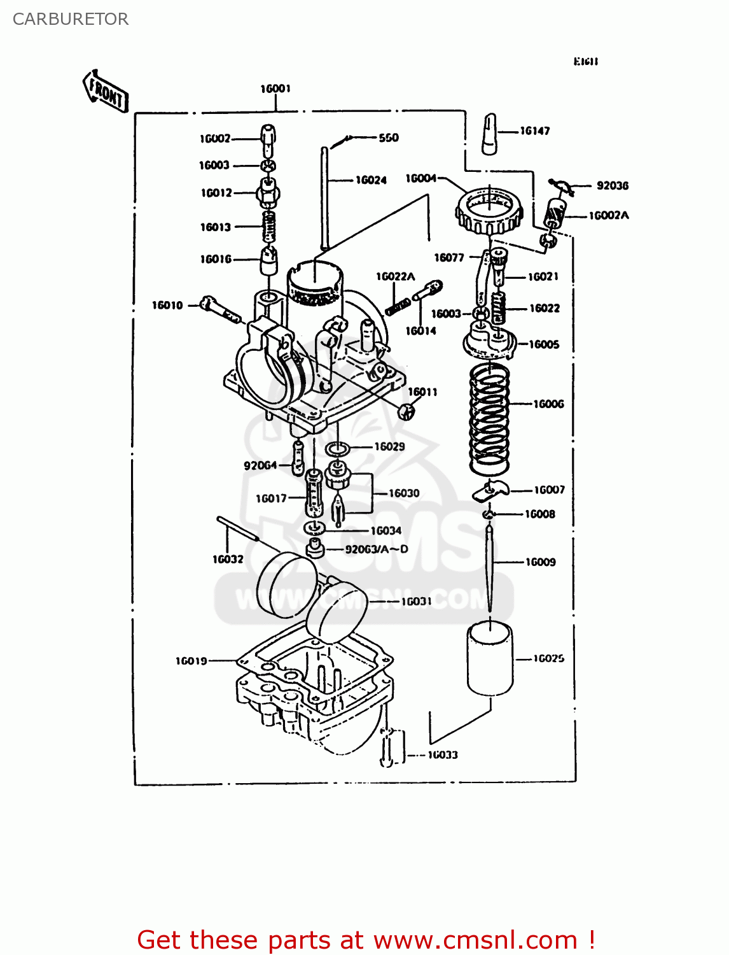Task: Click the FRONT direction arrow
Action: point(106,93)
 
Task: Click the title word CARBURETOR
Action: point(71,19)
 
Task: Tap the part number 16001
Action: point(275,88)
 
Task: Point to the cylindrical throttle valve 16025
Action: point(490,659)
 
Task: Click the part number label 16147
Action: point(535,131)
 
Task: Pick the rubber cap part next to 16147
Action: point(489,134)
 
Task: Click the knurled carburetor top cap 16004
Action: point(489,210)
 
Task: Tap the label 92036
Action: point(612,185)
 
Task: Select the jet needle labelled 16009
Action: point(489,567)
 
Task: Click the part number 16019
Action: point(191,661)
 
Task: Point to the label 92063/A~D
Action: point(377,549)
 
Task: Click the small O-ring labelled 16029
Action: point(337,449)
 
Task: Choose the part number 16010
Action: point(167,306)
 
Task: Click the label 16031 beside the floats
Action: point(416,601)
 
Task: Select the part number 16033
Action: point(443,754)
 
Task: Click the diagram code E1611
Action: point(585,62)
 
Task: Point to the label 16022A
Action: point(395,276)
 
